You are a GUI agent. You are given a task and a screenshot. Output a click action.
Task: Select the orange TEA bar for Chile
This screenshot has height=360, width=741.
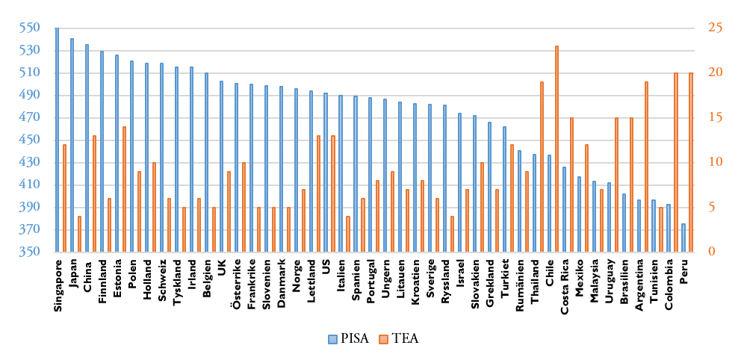[x=556, y=149]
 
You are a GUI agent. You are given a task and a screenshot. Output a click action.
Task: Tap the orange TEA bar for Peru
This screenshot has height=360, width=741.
[x=691, y=162]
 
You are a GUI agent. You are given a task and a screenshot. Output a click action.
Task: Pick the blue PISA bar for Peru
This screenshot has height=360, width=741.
[x=683, y=238]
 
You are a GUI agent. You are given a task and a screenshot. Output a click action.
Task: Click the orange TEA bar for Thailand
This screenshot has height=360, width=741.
[x=542, y=167]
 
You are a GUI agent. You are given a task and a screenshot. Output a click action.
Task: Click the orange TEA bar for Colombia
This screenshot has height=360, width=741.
[x=676, y=162]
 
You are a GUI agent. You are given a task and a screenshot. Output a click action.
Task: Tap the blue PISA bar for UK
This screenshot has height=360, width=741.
[x=221, y=167]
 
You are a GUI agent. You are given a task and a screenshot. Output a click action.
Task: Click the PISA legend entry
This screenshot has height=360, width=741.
[x=350, y=339]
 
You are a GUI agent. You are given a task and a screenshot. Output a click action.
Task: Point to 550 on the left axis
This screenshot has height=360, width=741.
[x=28, y=28]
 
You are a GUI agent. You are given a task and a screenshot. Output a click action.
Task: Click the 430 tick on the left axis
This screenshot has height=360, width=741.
[x=28, y=163]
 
